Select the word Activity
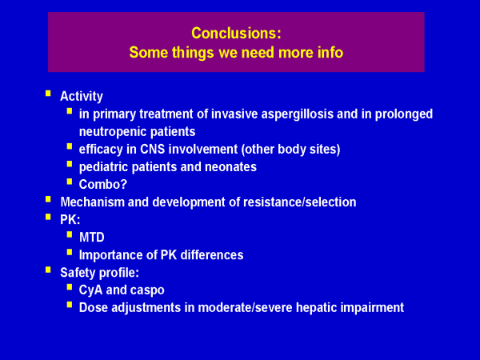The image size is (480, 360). tap(82, 97)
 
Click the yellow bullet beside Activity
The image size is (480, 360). tap(48, 94)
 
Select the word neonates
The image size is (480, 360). tap(230, 167)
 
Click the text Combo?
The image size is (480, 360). tap(103, 184)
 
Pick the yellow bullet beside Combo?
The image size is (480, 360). tap(70, 182)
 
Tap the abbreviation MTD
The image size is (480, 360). tap(91, 238)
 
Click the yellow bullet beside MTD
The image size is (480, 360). tap(70, 234)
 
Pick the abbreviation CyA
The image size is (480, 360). tap(90, 290)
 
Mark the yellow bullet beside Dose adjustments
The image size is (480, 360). tap(70, 305)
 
